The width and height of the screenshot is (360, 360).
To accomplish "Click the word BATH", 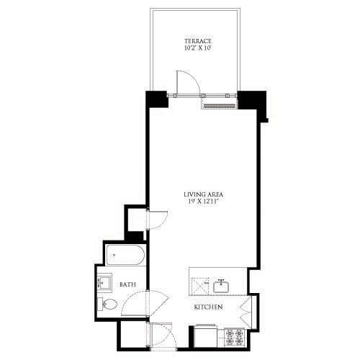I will [x=128, y=285].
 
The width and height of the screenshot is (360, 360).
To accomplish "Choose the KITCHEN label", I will [x=207, y=307].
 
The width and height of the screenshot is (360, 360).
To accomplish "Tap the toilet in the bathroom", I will [x=107, y=304].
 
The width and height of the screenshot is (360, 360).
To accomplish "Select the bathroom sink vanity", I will [x=104, y=283].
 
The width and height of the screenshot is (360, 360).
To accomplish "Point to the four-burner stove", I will [x=235, y=335].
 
